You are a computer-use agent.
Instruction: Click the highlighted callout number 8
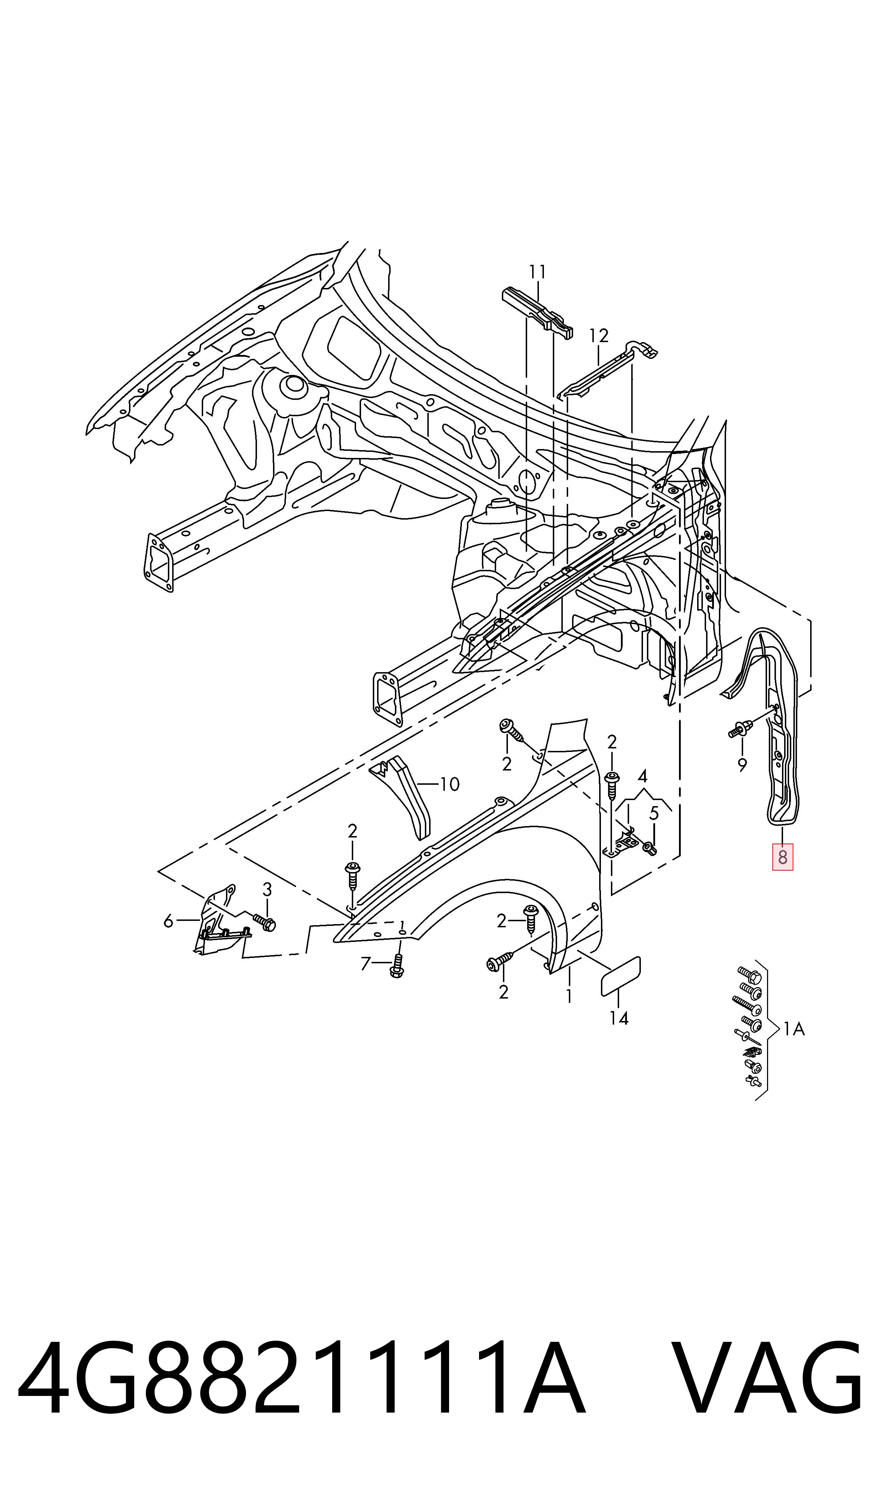782,858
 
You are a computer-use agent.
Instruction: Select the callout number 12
599,336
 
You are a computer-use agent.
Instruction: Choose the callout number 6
169,922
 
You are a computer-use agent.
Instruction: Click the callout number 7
366,963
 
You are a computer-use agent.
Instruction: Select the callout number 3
267,890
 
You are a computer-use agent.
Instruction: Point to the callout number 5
654,813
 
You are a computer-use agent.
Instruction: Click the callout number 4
642,776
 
